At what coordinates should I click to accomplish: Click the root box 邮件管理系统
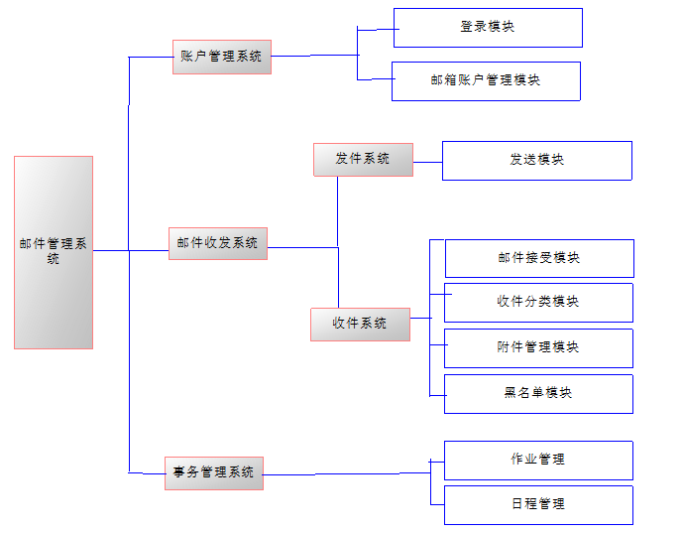tap(54, 252)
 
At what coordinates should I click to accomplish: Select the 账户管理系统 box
tap(221, 57)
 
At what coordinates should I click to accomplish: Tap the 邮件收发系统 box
tap(218, 243)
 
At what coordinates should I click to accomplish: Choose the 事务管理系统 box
tap(213, 472)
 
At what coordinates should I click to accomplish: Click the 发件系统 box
tap(363, 160)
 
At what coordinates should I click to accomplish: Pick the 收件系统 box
tap(360, 325)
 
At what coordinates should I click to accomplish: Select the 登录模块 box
tap(488, 28)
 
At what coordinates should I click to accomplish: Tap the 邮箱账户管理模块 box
tap(486, 81)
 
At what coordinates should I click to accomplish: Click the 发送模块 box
tap(536, 161)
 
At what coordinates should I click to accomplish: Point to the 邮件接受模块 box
tap(539, 258)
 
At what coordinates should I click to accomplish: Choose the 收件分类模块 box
tap(538, 303)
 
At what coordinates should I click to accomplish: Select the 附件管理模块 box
tap(538, 348)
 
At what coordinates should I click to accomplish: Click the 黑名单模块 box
tap(538, 393)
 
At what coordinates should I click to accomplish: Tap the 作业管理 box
tap(538, 461)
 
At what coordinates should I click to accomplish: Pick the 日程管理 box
tap(538, 504)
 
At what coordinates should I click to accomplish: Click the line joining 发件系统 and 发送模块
tap(427, 161)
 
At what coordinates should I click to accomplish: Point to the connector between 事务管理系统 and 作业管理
tap(347, 473)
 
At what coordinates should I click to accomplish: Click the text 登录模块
tap(488, 28)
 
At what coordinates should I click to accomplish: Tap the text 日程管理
tap(538, 504)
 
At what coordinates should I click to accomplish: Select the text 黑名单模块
tap(538, 393)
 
